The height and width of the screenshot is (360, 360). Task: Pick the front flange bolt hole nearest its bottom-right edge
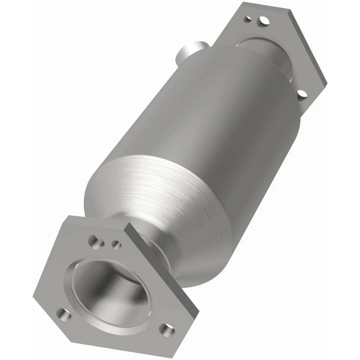[166, 330]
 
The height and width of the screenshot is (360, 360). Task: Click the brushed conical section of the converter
[157, 195]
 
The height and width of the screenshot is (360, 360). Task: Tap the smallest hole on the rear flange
[247, 18]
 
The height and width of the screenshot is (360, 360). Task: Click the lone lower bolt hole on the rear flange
[302, 94]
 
